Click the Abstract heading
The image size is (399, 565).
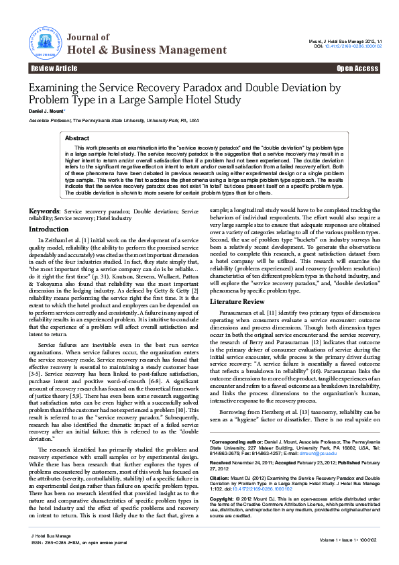tap(77, 138)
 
